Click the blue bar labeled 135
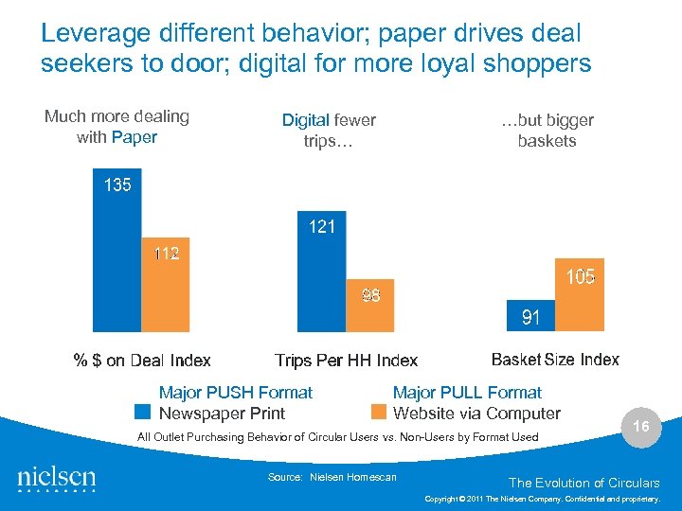[117, 251]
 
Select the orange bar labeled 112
[165, 284]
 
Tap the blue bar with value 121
[322, 271]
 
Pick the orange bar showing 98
[369, 305]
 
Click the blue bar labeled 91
[531, 316]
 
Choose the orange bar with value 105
[580, 294]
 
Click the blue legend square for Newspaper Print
[143, 413]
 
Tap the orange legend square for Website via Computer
[379, 413]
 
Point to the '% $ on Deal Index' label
[142, 361]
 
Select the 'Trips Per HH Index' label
[346, 361]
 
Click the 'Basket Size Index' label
[555, 360]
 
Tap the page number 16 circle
[641, 427]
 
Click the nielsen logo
[56, 479]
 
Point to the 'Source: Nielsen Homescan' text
[332, 477]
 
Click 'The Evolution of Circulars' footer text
[583, 483]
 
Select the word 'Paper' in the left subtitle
[134, 137]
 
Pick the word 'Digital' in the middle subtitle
[305, 120]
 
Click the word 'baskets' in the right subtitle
[547, 141]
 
